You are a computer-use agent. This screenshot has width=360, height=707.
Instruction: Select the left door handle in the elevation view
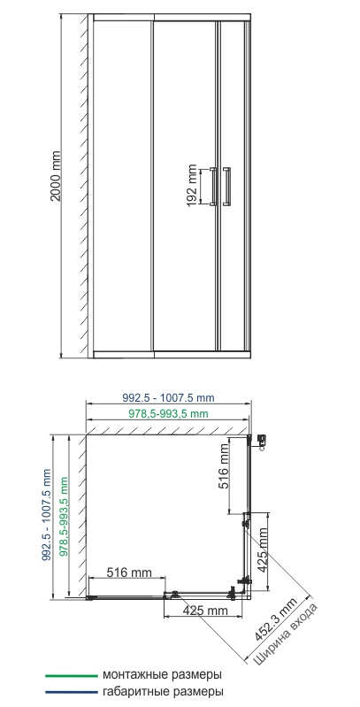pos(212,186)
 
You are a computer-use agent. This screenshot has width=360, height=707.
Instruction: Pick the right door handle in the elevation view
pos(227,186)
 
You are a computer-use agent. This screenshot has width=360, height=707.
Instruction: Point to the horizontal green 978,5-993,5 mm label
pos(165,413)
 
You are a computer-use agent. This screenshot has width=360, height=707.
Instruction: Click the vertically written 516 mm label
pos(224,467)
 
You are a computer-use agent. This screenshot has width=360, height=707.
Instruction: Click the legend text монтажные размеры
pos(161,673)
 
